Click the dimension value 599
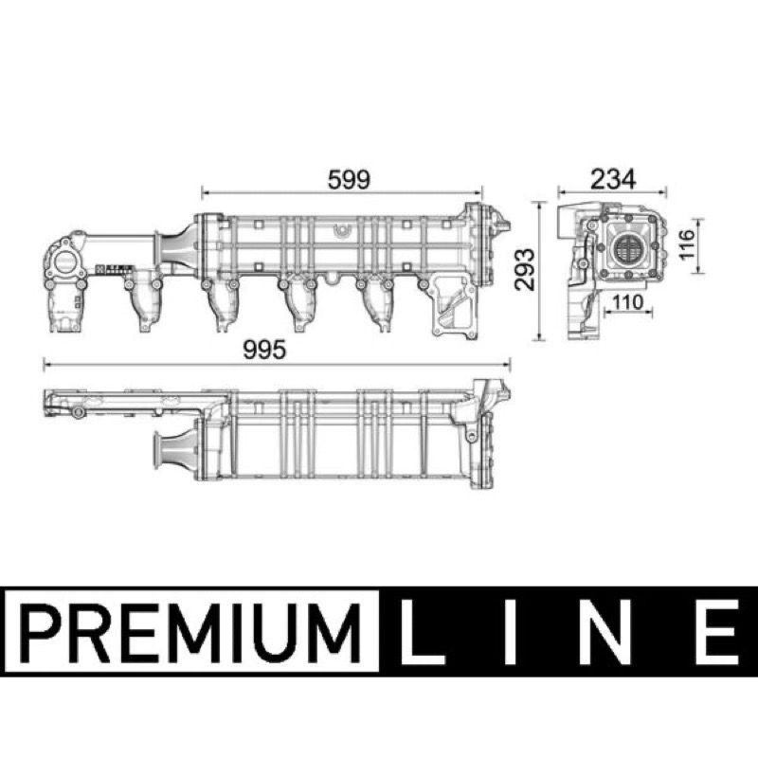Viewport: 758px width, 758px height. point(349,179)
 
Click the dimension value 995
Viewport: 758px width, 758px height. point(264,350)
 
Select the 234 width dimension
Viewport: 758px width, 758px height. point(613,179)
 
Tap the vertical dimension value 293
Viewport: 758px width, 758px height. point(526,269)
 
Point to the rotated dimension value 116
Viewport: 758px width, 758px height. point(686,244)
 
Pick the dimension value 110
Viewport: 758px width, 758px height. point(628,302)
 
